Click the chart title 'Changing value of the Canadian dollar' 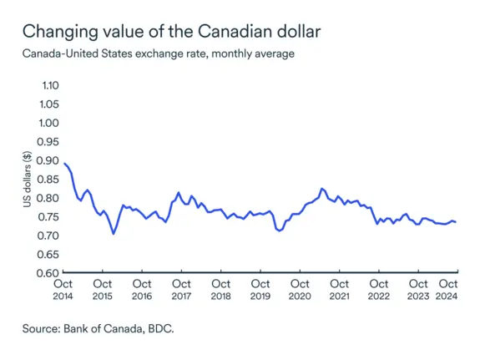(x=171, y=32)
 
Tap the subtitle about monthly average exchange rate (x=159, y=54)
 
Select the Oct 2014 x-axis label (x=63, y=289)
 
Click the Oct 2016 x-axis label (x=142, y=289)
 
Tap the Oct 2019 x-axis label (x=260, y=289)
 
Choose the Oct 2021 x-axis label (x=339, y=289)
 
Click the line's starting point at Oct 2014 (x=64, y=163)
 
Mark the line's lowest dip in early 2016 (x=114, y=234)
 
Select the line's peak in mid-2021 (x=322, y=189)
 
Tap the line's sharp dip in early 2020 (x=280, y=231)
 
